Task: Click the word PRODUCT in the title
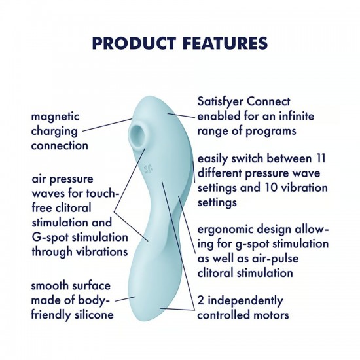tap(131, 43)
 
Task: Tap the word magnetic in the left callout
tap(55, 117)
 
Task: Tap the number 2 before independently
tap(200, 300)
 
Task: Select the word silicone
tap(91, 315)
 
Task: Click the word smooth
tap(50, 286)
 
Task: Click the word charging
tap(54, 131)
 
